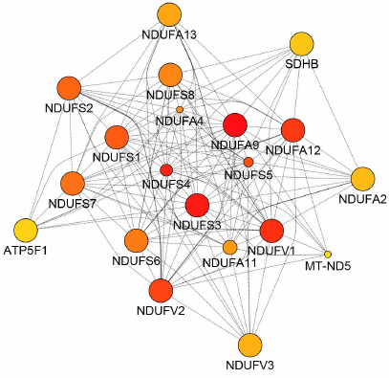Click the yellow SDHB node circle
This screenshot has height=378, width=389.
tap(301, 44)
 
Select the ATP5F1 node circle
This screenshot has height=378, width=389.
tap(26, 230)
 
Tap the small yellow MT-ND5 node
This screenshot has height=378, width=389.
tap(328, 254)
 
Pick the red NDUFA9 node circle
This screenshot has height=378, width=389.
tap(235, 125)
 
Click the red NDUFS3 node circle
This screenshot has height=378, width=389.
tap(197, 205)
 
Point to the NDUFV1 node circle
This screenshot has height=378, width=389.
tap(272, 231)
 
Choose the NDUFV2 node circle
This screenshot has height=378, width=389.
tap(161, 290)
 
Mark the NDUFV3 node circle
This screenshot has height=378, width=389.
tap(249, 345)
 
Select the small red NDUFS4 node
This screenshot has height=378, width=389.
tap(166, 169)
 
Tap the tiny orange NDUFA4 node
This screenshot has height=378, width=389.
tap(180, 110)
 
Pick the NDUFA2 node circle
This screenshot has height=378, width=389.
tap(363, 178)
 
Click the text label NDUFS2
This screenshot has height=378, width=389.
tap(69, 107)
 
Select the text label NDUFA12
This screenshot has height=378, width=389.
tap(293, 149)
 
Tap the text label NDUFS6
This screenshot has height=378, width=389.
tap(136, 260)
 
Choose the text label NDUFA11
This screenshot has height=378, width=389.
tap(229, 261)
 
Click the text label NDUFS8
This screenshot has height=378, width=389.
tap(171, 95)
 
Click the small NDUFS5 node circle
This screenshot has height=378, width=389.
tap(249, 162)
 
